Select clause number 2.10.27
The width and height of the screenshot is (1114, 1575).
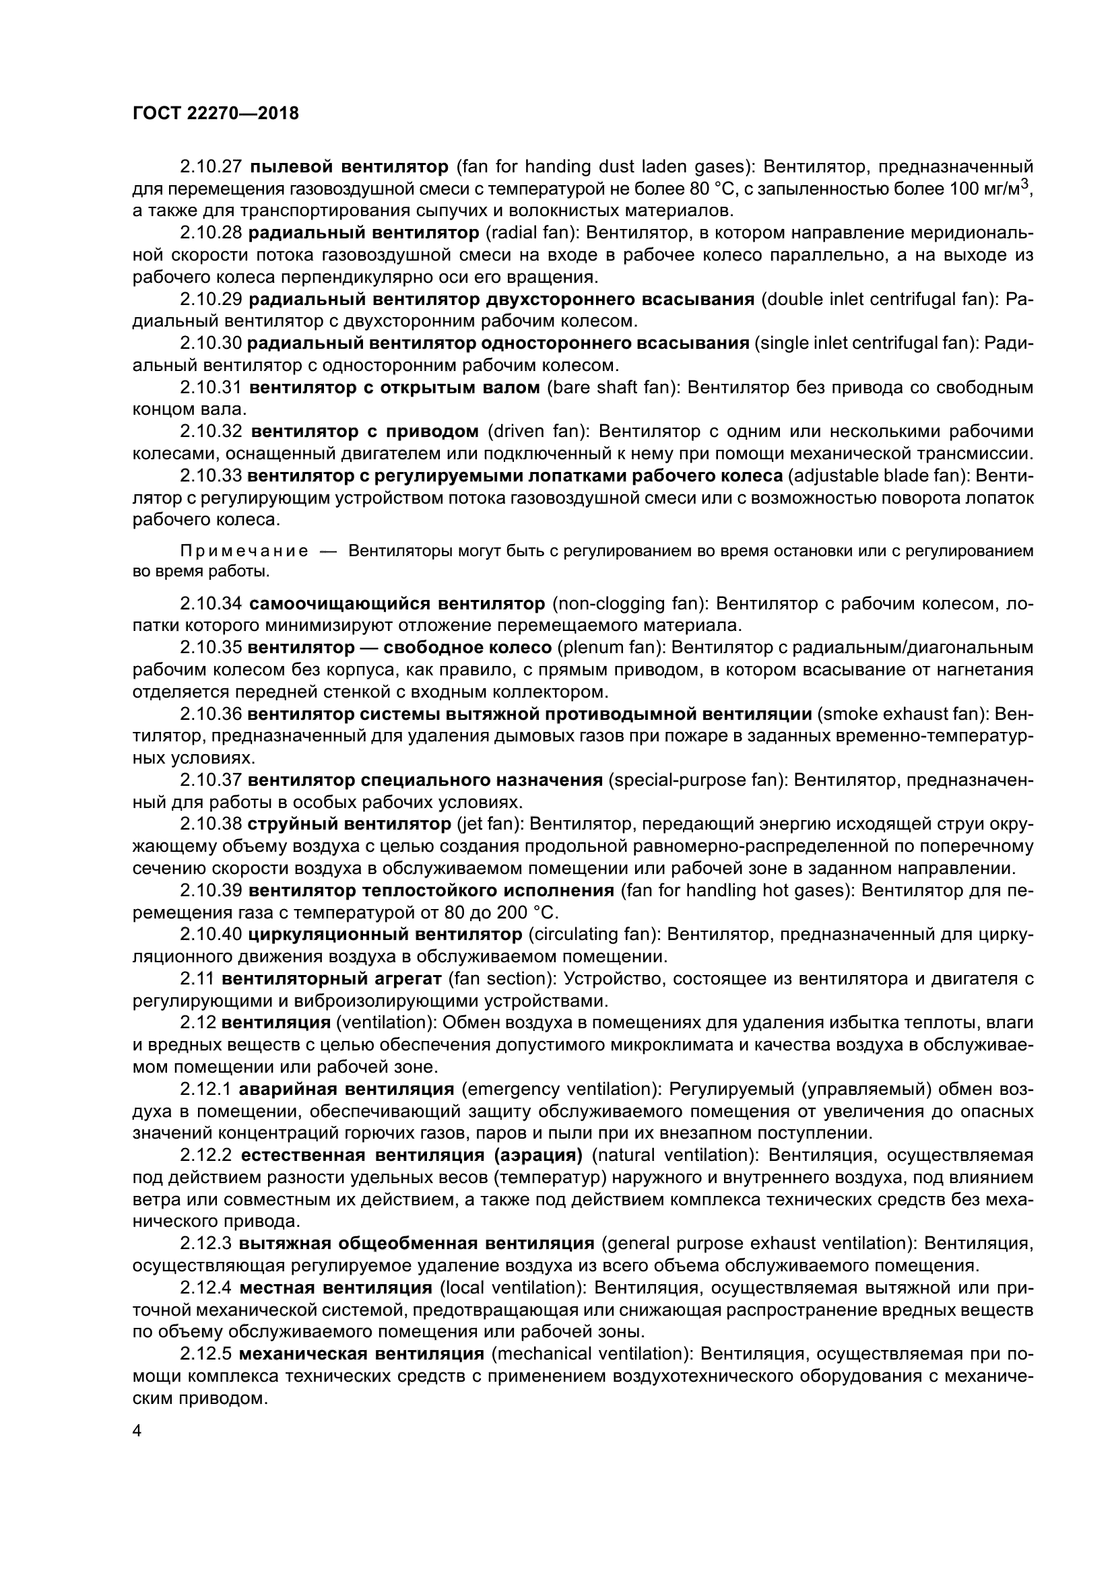coord(211,167)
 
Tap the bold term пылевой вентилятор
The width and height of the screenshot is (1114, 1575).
coord(348,167)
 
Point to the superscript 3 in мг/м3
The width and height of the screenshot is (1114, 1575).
coord(1026,184)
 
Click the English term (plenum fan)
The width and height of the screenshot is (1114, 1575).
coord(610,648)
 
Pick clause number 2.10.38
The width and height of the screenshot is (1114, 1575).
coord(211,823)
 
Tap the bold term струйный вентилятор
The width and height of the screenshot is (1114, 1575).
coord(349,823)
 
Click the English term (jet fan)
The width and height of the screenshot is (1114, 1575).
coord(490,823)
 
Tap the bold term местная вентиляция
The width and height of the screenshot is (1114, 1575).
coord(336,1287)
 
